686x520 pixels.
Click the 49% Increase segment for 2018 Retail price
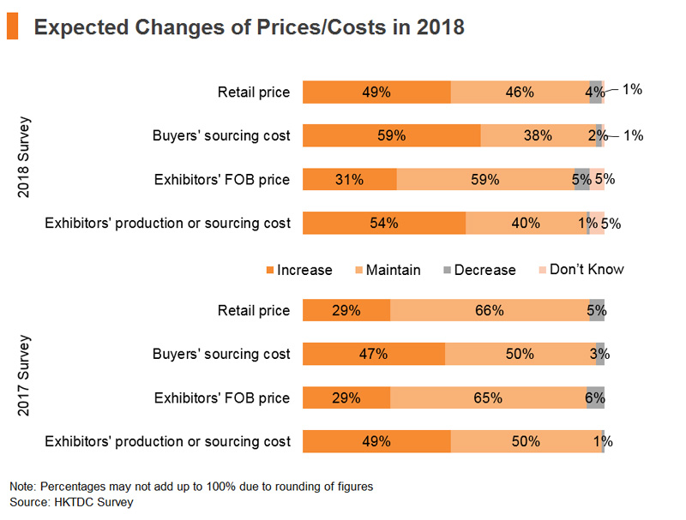pyautogui.click(x=376, y=93)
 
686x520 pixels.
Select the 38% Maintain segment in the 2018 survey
pyautogui.click(x=539, y=135)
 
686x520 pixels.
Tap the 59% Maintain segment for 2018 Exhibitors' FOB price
pyautogui.click(x=485, y=179)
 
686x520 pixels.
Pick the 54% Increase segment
pyautogui.click(x=384, y=223)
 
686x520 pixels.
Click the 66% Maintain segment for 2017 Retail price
pyautogui.click(x=490, y=310)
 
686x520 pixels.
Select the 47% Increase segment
pyautogui.click(x=374, y=354)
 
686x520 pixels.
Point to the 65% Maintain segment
pyautogui.click(x=488, y=397)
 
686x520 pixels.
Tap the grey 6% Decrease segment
pyautogui.click(x=595, y=397)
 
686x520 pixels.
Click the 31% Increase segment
pyautogui.click(x=350, y=179)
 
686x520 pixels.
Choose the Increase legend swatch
pyautogui.click(x=270, y=270)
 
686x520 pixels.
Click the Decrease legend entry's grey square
pyautogui.click(x=447, y=270)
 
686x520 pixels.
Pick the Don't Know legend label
pyautogui.click(x=587, y=269)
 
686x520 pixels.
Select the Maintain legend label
pyautogui.click(x=394, y=270)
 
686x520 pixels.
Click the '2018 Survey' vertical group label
pyautogui.click(x=23, y=157)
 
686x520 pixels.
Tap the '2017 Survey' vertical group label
pyautogui.click(x=23, y=375)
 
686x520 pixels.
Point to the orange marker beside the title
pyautogui.click(x=13, y=26)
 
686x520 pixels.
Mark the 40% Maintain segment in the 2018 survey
pyautogui.click(x=527, y=223)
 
